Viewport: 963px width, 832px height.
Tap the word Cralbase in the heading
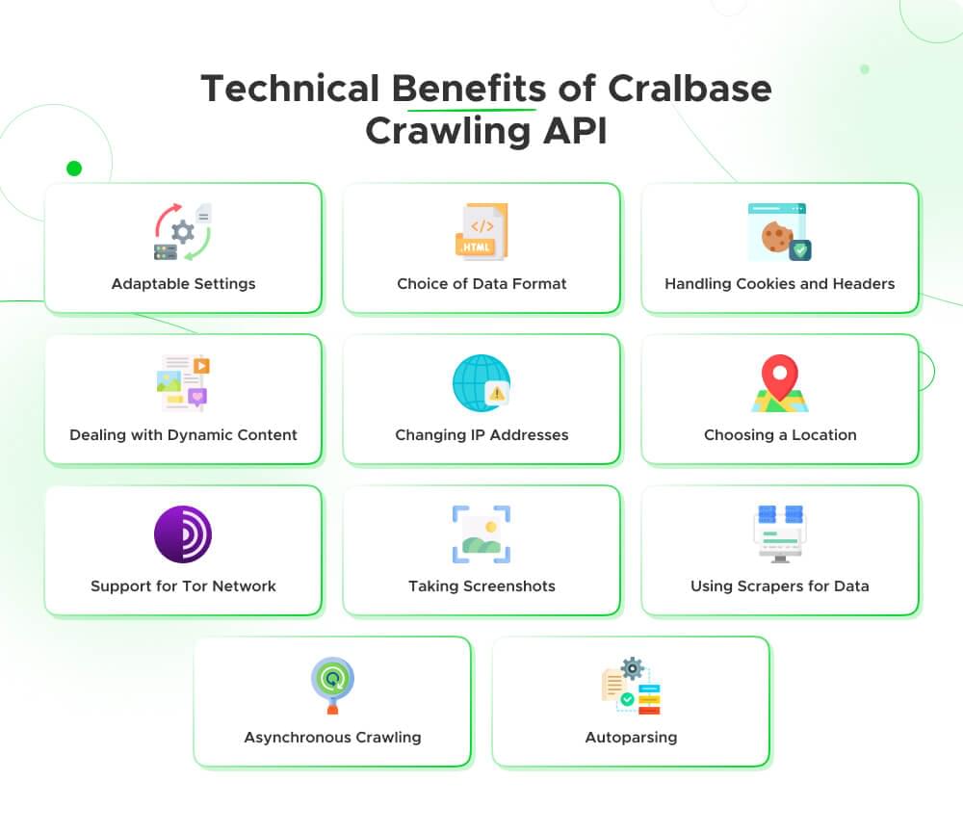pos(690,89)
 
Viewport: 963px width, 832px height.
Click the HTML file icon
pos(481,232)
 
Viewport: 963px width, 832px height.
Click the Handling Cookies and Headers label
pos(779,284)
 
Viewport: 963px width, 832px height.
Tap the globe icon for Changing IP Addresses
pos(481,383)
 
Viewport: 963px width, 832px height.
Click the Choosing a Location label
pos(779,435)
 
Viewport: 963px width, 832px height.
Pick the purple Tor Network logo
pos(183,534)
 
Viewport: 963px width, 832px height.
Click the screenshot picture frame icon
pos(481,534)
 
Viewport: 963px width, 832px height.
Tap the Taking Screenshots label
pos(481,586)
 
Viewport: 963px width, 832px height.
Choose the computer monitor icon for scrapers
pos(779,534)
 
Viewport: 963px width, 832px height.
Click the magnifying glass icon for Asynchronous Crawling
pos(332,684)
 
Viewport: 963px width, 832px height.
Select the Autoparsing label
pos(631,738)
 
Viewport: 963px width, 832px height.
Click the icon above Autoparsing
pos(631,686)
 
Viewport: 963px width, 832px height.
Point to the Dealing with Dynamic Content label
pos(183,435)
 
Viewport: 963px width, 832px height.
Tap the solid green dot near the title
pos(74,169)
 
